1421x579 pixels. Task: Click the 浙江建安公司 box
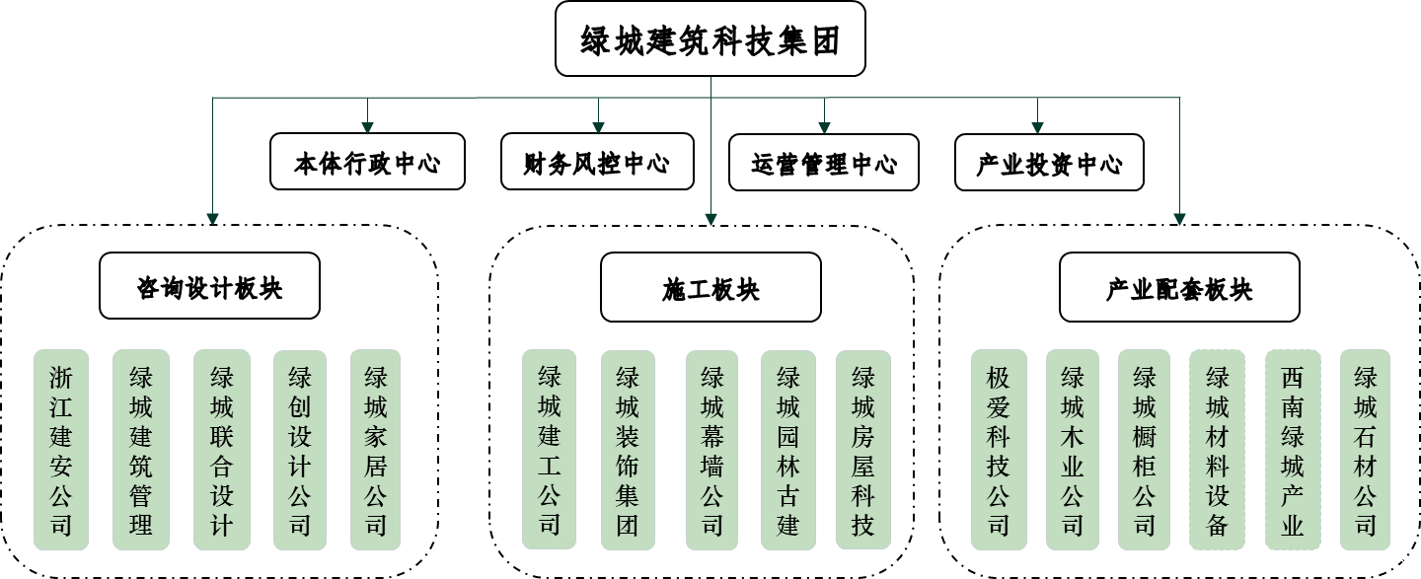61,450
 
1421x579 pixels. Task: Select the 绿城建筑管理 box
141,450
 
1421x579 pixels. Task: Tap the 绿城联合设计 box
222,450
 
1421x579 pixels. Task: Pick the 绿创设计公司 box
300,450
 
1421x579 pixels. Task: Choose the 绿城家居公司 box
376,450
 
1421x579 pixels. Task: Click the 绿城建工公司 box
550,450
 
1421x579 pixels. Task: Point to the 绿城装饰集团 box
628,450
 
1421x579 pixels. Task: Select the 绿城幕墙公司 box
711,450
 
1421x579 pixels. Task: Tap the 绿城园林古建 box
788,450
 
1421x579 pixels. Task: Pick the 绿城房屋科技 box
863,450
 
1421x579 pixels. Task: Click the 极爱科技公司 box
999,450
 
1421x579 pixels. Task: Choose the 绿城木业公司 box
1073,450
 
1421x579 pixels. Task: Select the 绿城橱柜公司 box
1144,450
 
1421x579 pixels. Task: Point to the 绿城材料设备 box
1218,450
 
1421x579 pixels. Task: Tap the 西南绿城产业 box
1293,450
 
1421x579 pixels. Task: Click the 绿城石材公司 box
1365,450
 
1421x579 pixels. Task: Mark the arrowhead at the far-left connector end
212,219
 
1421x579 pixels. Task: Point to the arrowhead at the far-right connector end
1179,219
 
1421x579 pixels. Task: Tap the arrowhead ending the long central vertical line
710,219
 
